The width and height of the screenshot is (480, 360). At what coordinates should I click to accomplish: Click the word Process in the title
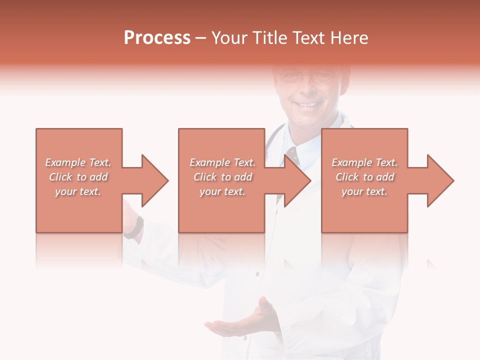157,38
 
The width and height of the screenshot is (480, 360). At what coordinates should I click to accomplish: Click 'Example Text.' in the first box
78,162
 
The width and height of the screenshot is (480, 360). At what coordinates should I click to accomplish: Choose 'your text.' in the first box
78,191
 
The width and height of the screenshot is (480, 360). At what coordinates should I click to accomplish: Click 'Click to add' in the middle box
222,177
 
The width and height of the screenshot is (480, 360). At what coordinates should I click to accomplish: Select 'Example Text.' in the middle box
222,162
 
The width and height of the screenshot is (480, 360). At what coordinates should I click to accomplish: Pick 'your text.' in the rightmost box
364,191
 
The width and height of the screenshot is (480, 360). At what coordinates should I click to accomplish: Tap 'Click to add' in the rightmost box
364,177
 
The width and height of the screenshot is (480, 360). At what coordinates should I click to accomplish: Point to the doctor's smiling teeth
306,104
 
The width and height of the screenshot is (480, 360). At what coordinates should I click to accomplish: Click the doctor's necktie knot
293,152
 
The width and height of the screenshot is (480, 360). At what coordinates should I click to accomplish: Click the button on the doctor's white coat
257,273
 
